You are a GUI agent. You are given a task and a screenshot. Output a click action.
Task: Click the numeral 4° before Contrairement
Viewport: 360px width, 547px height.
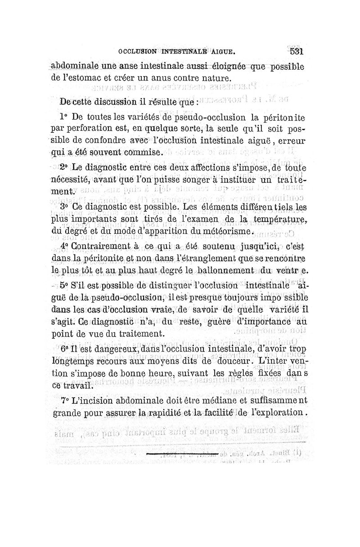pyautogui.click(x=64, y=247)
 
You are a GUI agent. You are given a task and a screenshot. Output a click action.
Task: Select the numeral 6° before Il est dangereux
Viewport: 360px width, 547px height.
pyautogui.click(x=64, y=349)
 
